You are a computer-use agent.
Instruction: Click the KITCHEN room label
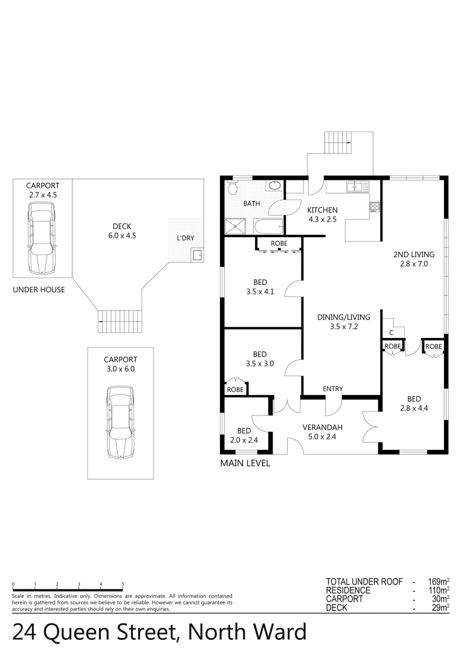(x=323, y=210)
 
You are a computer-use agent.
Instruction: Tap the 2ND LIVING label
(x=413, y=255)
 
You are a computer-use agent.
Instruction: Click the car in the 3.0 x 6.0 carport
(x=120, y=421)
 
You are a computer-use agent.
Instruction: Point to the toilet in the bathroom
(x=233, y=188)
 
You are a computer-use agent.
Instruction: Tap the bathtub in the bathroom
(x=268, y=228)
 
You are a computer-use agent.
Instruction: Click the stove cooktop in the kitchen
(x=375, y=208)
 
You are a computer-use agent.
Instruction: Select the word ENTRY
(x=332, y=389)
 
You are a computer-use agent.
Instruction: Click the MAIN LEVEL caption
(x=245, y=464)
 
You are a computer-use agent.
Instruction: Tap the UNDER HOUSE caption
(x=39, y=290)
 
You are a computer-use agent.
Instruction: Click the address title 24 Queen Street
(x=159, y=632)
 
